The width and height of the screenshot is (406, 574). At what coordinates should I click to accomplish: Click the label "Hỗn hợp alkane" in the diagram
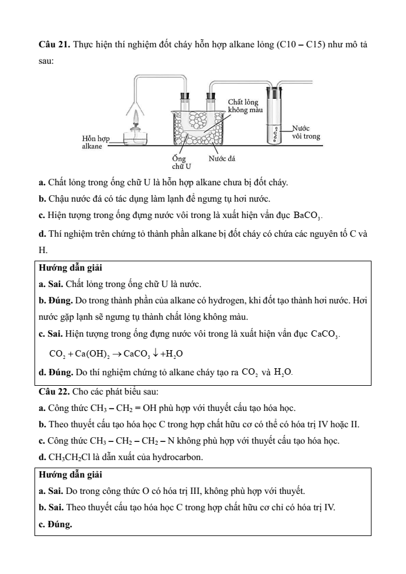(95, 141)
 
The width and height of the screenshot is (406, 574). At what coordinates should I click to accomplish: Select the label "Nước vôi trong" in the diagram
(305, 132)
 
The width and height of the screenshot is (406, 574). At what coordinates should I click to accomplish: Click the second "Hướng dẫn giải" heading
(70, 474)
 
